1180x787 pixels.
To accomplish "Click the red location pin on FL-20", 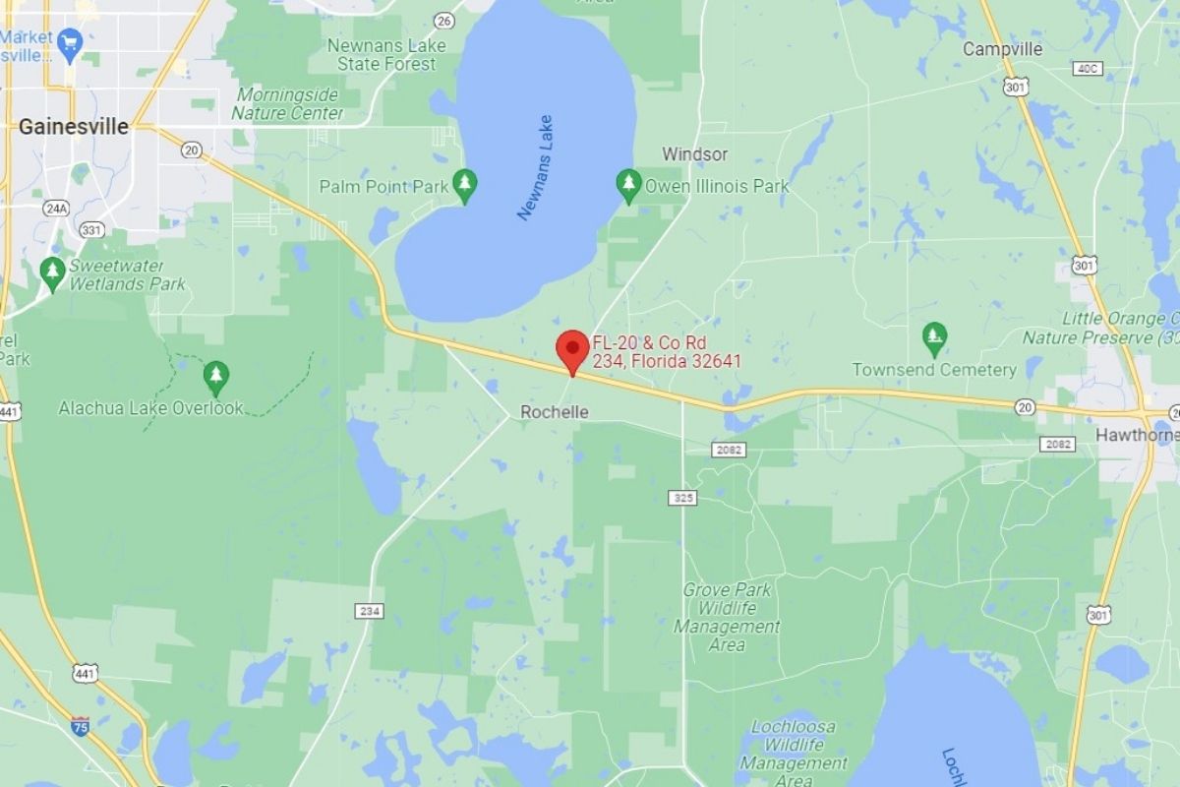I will click(x=572, y=350).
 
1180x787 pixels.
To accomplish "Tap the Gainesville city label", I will click(x=74, y=126).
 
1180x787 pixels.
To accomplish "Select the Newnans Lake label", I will click(x=536, y=167).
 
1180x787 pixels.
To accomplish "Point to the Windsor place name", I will click(x=694, y=153).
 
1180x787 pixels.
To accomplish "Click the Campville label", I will click(x=1002, y=48).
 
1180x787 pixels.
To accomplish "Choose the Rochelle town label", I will click(x=554, y=411).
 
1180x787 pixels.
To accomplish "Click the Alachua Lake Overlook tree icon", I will click(x=215, y=375).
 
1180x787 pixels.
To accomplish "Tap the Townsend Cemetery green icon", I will click(x=934, y=337).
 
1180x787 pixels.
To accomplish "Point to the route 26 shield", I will click(x=444, y=20).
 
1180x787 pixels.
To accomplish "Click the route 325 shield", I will click(x=683, y=498).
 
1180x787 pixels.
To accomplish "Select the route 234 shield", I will click(x=370, y=611).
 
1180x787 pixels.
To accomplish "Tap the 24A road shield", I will click(x=57, y=208).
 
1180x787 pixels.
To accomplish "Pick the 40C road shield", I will click(x=1088, y=68).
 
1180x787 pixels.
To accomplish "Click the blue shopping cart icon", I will click(x=69, y=41).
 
